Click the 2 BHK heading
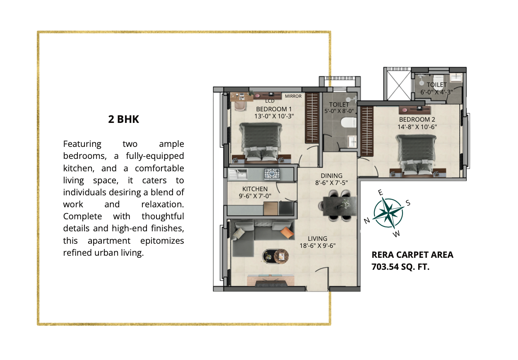(123, 119)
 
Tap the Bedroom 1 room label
(274, 109)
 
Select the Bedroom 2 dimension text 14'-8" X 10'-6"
(417, 127)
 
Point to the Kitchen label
(255, 189)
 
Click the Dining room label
(331, 176)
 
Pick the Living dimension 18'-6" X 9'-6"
(317, 245)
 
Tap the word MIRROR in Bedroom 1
(293, 96)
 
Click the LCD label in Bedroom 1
(270, 101)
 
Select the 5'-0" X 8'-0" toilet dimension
(339, 111)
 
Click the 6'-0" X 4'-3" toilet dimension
(436, 92)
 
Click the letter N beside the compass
(367, 221)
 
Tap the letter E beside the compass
(380, 192)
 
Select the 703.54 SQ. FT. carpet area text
(400, 267)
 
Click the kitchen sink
(237, 174)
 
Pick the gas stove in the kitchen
(272, 174)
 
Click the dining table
(340, 206)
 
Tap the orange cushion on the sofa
(287, 232)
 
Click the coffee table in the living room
(275, 256)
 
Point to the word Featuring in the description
(82, 144)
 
